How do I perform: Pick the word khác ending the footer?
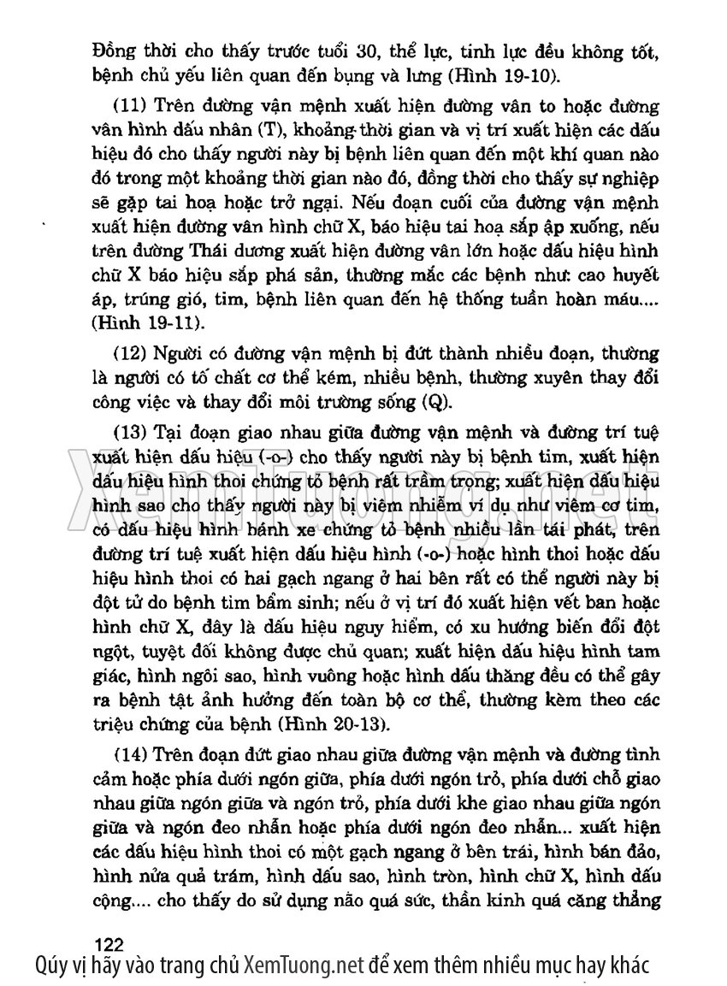[x=629, y=965]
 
